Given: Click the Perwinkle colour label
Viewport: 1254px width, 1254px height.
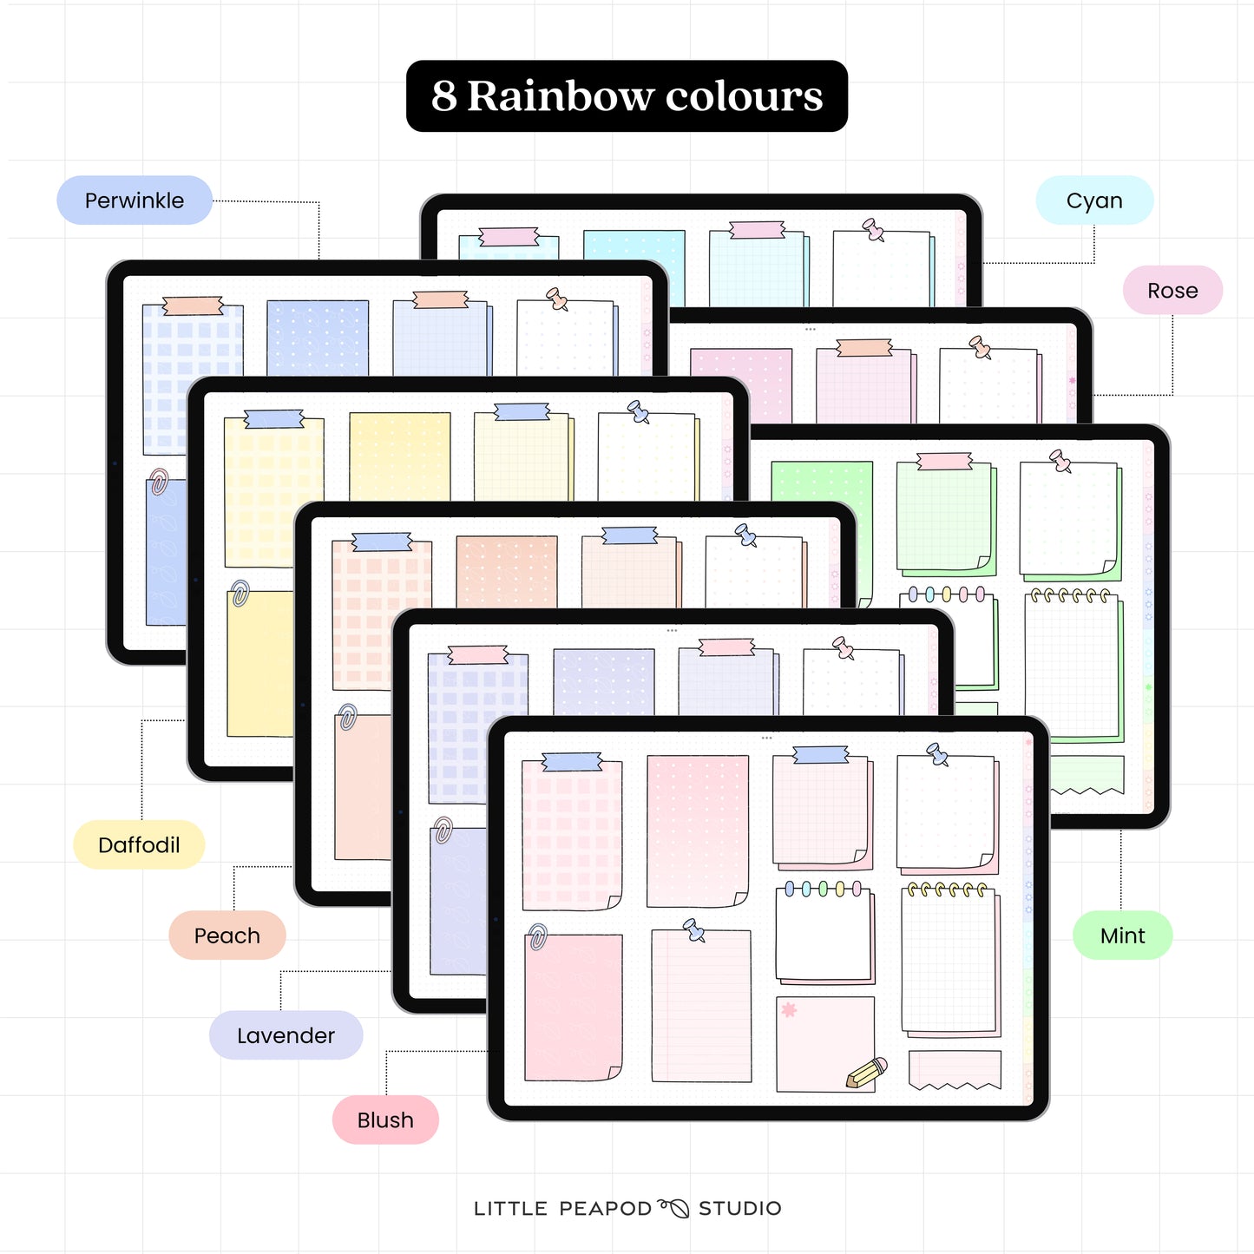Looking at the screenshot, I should tap(135, 200).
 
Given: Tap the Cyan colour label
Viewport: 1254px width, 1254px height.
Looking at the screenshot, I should tap(1094, 200).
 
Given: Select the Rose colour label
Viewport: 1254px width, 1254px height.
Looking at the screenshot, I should tap(1172, 291).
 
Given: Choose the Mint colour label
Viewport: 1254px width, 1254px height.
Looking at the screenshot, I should tap(1122, 936).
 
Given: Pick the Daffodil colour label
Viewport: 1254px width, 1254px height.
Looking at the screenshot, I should tap(139, 844).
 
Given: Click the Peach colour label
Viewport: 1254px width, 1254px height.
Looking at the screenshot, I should tap(227, 936).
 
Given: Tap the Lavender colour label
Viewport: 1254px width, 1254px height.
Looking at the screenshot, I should tap(286, 1035).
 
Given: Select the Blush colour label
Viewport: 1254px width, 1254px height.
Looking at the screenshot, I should tap(385, 1119).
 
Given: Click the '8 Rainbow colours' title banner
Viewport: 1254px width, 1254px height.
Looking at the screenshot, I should tap(627, 96).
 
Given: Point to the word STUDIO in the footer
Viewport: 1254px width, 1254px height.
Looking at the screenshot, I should tap(740, 1208).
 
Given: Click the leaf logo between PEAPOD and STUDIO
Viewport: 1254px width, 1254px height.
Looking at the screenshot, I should tap(674, 1207).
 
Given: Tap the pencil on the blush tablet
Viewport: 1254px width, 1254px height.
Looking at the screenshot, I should tap(867, 1073).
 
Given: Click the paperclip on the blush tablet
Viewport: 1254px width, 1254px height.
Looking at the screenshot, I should tap(537, 937).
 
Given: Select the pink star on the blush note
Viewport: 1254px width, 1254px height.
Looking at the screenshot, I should tap(789, 1009).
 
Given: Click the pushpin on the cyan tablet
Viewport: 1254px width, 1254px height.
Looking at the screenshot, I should tap(873, 230).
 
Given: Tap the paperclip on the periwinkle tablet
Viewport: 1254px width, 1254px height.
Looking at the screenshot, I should tap(159, 482).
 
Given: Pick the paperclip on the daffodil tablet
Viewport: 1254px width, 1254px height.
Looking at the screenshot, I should tap(240, 594).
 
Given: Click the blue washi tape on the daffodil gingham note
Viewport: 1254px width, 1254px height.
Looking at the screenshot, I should tap(274, 420).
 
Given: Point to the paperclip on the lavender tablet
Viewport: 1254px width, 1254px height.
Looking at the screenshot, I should tap(443, 830).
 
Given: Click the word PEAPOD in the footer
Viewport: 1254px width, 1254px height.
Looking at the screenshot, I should tap(605, 1208).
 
